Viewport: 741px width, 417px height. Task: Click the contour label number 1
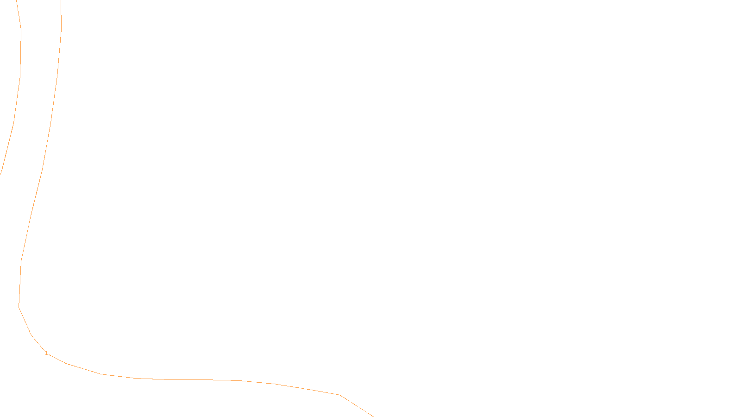tap(46, 353)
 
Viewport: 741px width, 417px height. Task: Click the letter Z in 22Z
tap(354, 410)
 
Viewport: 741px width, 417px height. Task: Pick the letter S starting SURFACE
tap(361, 410)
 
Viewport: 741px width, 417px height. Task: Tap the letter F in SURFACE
tap(370, 410)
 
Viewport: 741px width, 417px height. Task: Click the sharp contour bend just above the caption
tap(340, 395)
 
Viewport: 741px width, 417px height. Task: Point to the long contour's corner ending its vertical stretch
tap(19, 306)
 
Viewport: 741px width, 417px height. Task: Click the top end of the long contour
tap(61, 1)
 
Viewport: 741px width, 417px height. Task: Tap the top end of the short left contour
tap(16, 1)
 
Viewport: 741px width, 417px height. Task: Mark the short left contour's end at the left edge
tap(0, 174)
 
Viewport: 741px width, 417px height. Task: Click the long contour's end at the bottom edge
tap(373, 416)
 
